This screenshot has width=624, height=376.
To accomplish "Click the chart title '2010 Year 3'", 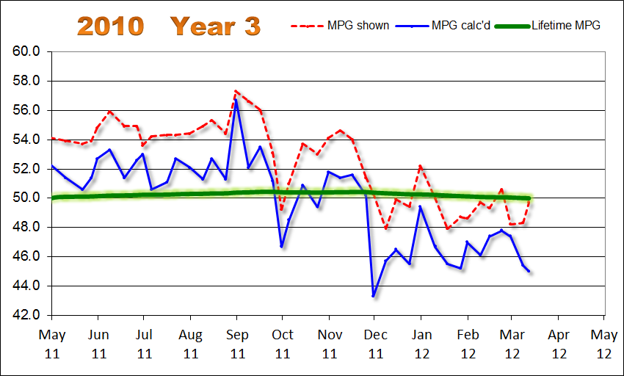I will click(169, 26).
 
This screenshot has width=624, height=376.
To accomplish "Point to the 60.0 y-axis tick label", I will click(26, 52).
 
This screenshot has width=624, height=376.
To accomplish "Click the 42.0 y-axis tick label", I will click(26, 315).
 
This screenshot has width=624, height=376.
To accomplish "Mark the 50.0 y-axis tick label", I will click(26, 198).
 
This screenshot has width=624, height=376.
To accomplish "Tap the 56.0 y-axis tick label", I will click(26, 111).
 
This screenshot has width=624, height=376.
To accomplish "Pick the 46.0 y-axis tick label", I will click(26, 257).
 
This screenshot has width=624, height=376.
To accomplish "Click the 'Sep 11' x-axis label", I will click(236, 343).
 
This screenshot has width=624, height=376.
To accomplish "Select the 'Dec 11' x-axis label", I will click(374, 343).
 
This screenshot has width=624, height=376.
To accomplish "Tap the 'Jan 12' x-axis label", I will click(421, 343).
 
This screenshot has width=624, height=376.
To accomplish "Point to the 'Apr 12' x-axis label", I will click(558, 343).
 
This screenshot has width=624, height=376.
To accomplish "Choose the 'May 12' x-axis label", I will click(603, 343).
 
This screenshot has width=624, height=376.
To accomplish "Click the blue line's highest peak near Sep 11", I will click(236, 99).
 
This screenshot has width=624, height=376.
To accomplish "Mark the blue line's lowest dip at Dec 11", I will click(374, 296).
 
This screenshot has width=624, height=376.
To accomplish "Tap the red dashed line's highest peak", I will click(236, 91).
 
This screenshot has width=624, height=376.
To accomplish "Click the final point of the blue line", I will click(529, 271).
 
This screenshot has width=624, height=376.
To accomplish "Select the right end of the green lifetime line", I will click(529, 198).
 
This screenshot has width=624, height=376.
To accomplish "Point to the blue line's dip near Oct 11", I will click(282, 247).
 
